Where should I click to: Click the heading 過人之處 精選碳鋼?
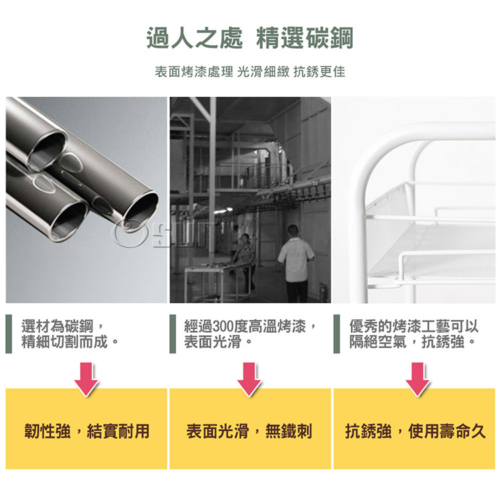pyautogui.click(x=250, y=38)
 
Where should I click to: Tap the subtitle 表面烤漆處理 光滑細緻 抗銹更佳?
pyautogui.click(x=250, y=71)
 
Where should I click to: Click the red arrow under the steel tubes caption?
pyautogui.click(x=87, y=379)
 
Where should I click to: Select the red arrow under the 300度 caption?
pyautogui.click(x=249, y=379)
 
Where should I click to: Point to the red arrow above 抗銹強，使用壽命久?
pyautogui.click(x=417, y=379)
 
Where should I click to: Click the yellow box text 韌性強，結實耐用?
pyautogui.click(x=87, y=431)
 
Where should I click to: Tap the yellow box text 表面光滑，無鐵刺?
pyautogui.click(x=249, y=431)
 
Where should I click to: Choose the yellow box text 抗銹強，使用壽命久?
pyautogui.click(x=415, y=431)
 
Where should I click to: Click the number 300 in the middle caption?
pyautogui.click(x=223, y=326)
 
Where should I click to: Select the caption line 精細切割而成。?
pyautogui.click(x=70, y=342)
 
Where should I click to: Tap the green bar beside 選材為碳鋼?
pyautogui.click(x=9, y=334)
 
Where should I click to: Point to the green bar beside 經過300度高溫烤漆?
pyautogui.click(x=173, y=334)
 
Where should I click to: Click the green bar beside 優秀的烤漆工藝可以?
pyautogui.click(x=337, y=334)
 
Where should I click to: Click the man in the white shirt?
pyautogui.click(x=296, y=263)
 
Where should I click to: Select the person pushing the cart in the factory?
pyautogui.click(x=245, y=260)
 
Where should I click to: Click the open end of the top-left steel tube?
pyautogui.click(x=48, y=147)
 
